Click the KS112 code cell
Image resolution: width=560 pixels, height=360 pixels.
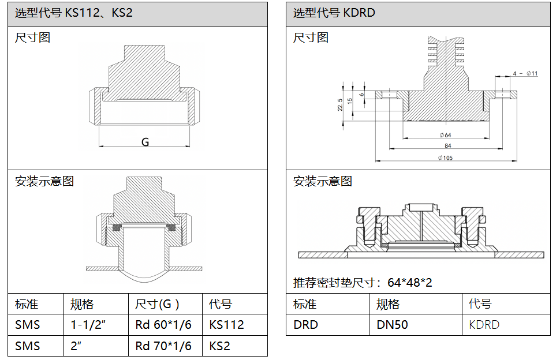point(226,325)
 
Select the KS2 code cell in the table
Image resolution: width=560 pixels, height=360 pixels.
point(219,346)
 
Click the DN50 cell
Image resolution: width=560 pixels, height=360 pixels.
point(392,325)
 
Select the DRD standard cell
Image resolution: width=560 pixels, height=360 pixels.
point(305,325)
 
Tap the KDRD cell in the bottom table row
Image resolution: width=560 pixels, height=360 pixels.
point(484,325)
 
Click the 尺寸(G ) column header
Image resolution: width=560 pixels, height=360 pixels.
point(157,304)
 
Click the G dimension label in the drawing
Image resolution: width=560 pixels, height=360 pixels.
point(145,142)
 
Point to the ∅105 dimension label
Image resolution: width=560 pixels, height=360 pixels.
point(445,157)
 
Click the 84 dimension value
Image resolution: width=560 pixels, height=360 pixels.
point(447,146)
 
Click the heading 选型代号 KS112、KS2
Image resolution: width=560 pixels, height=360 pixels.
point(73,12)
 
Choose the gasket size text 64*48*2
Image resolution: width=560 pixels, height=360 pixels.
point(410,283)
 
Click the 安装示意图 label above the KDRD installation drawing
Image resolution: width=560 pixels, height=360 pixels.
point(323,182)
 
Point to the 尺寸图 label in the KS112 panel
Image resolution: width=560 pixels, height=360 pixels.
point(32,38)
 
